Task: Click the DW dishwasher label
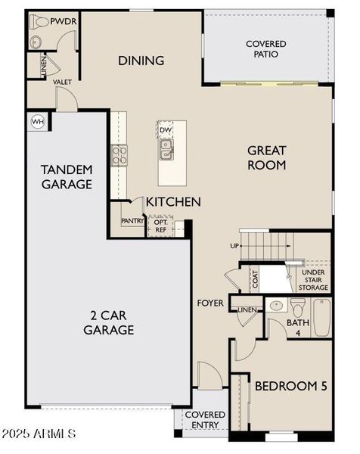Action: [x=166, y=130]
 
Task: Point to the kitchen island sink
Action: [x=166, y=150]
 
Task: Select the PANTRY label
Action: [x=132, y=222]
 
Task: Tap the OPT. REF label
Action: [x=160, y=225]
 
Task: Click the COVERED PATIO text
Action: [x=265, y=49]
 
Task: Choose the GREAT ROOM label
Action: [x=266, y=157]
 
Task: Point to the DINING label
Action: [x=141, y=61]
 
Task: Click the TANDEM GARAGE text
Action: [x=67, y=176]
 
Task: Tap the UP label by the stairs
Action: [x=234, y=247]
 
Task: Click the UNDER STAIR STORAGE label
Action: [x=313, y=279]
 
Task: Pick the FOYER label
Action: [x=210, y=303]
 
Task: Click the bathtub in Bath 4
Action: [x=321, y=318]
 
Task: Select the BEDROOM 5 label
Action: [x=290, y=386]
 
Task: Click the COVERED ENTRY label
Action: [x=205, y=420]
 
